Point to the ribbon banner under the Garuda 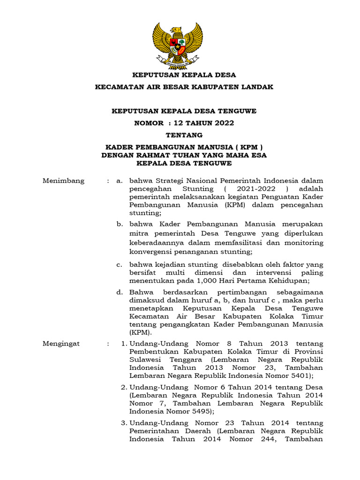180,60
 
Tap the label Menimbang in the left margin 64,180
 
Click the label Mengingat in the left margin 61,343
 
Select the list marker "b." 120,224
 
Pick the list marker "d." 120,292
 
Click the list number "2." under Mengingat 124,388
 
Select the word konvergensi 150,252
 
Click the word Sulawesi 145,360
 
